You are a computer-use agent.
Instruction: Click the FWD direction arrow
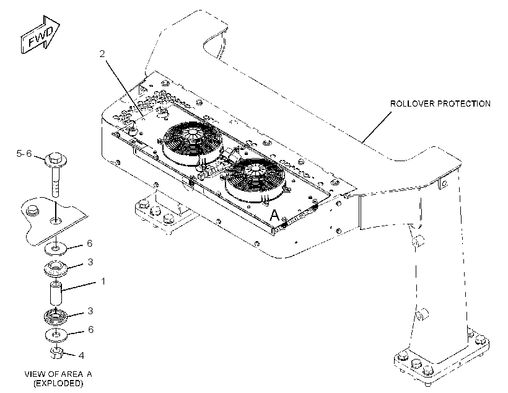(40, 34)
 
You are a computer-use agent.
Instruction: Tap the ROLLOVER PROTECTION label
(440, 104)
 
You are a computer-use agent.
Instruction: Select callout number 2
(102, 54)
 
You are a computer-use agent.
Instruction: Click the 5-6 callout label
(24, 153)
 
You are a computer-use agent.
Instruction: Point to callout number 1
(103, 281)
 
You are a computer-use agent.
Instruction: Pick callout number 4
(81, 356)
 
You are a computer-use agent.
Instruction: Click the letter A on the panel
(274, 215)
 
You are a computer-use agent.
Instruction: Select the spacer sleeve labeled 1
(56, 293)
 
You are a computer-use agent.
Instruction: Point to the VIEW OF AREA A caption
(58, 374)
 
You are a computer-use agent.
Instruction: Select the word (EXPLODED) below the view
(58, 383)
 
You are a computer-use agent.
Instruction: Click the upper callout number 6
(90, 243)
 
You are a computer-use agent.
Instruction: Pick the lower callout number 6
(90, 329)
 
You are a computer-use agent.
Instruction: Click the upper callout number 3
(90, 262)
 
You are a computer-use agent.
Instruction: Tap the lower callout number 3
(90, 311)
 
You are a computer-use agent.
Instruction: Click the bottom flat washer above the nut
(56, 335)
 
